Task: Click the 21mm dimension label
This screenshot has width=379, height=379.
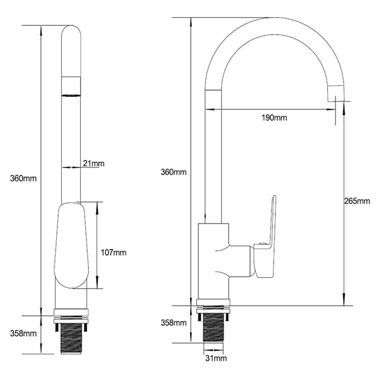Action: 93,164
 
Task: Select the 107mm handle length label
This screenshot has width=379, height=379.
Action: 114,252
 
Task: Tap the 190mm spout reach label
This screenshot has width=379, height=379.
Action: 274,118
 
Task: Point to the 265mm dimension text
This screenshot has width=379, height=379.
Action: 357,201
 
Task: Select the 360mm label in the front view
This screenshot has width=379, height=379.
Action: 18,179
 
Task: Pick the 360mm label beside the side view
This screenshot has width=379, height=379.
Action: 173,172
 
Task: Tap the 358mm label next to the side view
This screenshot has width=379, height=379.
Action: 174,323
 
